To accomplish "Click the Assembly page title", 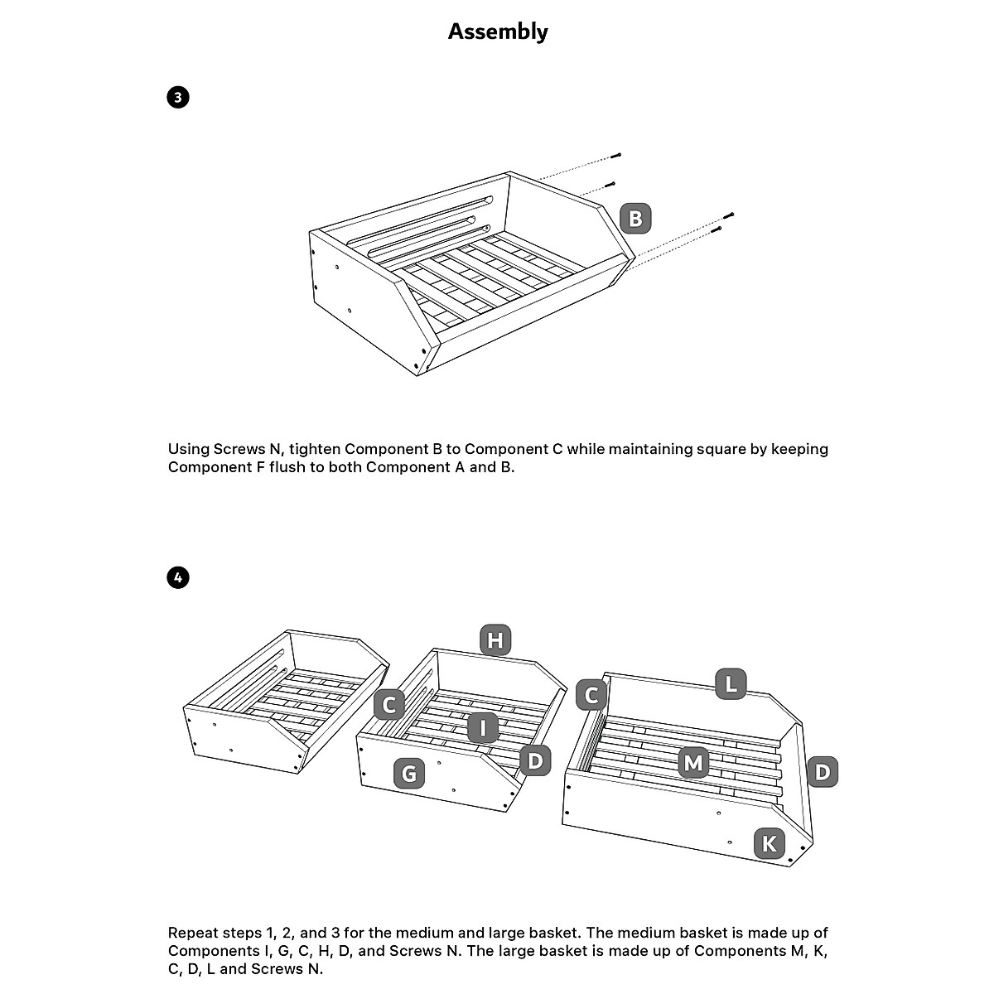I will [498, 31].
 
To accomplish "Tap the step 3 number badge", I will [177, 97].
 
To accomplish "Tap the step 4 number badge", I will [177, 577].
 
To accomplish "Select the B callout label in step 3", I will [635, 219].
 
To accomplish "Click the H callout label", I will [495, 640].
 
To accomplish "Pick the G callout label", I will [409, 774].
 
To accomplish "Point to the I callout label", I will [482, 728].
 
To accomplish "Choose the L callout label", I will [731, 684].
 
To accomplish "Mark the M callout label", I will [692, 762].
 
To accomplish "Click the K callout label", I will [770, 844].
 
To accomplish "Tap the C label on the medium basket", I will [388, 705].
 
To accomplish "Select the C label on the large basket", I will [591, 694].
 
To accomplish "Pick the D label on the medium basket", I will [535, 760].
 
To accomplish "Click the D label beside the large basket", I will [822, 772].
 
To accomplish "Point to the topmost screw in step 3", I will [616, 156].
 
